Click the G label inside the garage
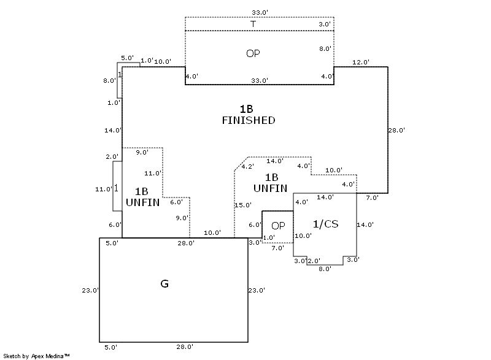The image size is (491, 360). (x=164, y=284)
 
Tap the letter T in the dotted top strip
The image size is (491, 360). (x=252, y=24)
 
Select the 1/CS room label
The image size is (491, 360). (x=325, y=224)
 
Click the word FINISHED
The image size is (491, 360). (x=248, y=120)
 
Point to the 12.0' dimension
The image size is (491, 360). (x=360, y=62)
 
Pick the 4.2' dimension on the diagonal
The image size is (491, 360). (x=247, y=166)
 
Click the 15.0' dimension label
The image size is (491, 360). (x=243, y=205)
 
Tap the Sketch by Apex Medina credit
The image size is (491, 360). (x=36, y=355)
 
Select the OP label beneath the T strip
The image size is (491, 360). (x=253, y=53)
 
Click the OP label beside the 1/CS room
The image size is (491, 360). (x=278, y=225)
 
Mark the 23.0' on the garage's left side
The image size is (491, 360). (x=90, y=290)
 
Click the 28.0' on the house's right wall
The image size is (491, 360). (x=396, y=130)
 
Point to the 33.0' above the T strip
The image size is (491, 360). (x=260, y=12)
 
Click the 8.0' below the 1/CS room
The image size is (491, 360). (x=325, y=268)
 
